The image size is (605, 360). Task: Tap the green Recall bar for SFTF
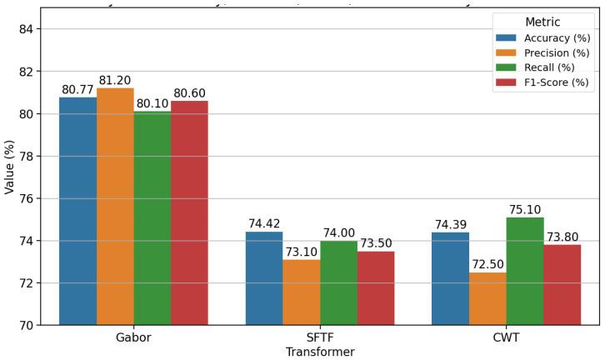point(338,282)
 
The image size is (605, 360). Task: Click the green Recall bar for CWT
point(525,271)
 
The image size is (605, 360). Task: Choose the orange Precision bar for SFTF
point(301,292)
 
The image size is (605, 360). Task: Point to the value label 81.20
point(115,81)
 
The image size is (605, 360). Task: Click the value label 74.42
point(264,224)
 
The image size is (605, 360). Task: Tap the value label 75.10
point(525,210)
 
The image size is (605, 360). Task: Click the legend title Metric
point(543,22)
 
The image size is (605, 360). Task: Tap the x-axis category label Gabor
point(133,337)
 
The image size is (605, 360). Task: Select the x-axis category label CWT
point(506,337)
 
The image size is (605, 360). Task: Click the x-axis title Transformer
point(320,352)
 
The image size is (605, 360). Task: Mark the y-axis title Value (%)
point(10,167)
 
